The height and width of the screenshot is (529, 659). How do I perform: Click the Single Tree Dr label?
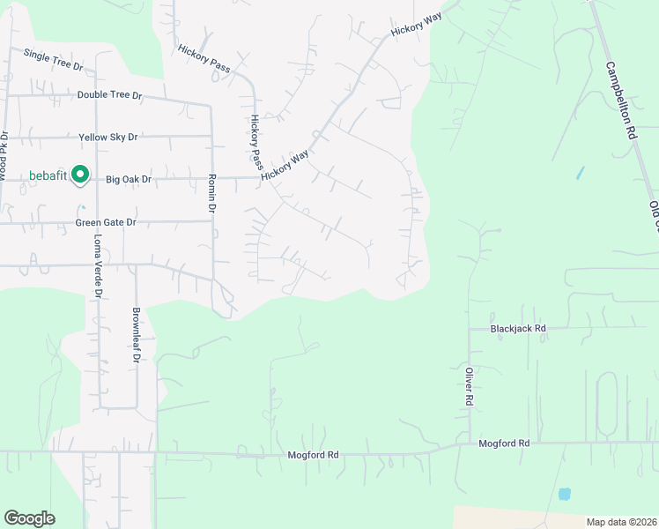point(53,60)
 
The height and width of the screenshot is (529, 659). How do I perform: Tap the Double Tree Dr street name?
point(109,94)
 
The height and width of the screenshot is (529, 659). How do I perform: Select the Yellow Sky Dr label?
point(108,138)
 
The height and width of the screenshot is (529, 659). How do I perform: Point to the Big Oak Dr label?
point(129,179)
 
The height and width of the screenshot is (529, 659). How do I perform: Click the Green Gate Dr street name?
point(105,222)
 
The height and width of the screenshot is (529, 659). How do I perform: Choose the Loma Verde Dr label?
point(98,265)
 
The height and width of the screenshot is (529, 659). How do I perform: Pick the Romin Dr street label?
point(212,193)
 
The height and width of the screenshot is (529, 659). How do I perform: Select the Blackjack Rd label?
point(518,328)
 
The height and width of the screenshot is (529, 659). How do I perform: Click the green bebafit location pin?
point(80,175)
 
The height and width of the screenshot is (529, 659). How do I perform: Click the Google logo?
point(29,518)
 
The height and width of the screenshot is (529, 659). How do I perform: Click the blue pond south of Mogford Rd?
point(565,494)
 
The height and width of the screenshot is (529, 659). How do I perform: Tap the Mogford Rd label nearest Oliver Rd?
point(504,443)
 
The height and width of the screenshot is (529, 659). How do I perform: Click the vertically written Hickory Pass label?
point(256,141)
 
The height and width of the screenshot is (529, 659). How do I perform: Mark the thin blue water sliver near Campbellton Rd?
point(580,173)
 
